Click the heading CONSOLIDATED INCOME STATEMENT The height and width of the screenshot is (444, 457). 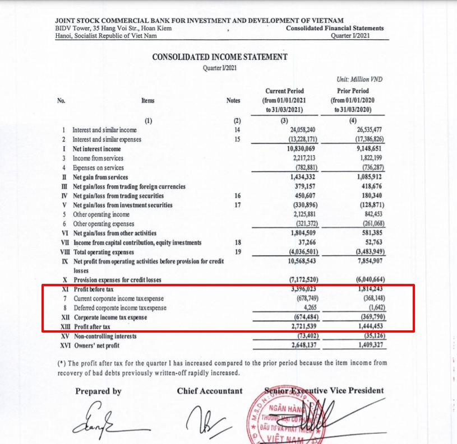click(220, 57)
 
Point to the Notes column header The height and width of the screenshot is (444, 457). click(233, 101)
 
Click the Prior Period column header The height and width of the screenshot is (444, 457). click(353, 91)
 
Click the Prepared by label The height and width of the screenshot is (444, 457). click(98, 391)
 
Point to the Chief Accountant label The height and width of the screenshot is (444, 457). click(210, 391)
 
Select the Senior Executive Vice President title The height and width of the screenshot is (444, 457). click(324, 390)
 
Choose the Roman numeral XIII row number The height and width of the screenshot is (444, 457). click(65, 327)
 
